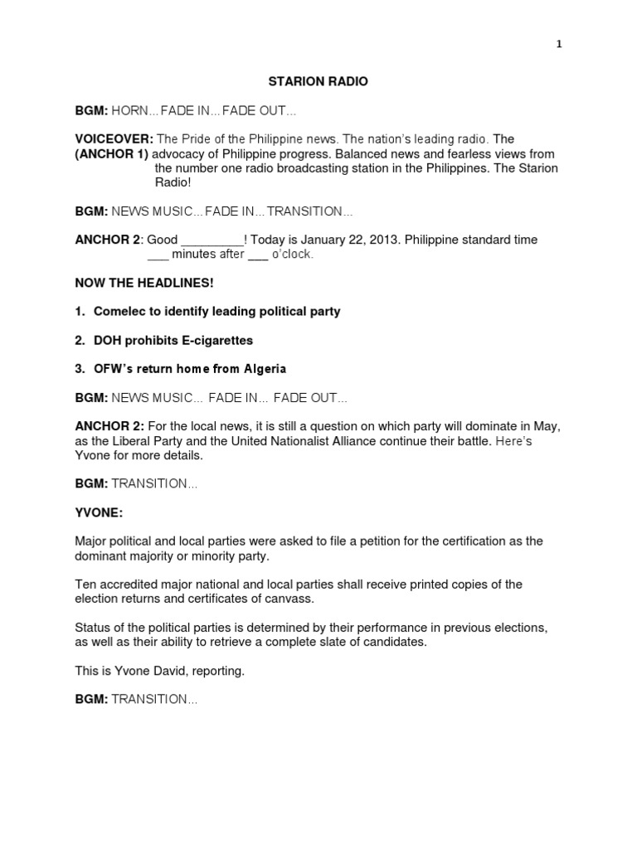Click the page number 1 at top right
[559, 45]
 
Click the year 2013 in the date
[387, 240]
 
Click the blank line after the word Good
[213, 240]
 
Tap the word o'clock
[293, 255]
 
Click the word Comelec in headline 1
[120, 312]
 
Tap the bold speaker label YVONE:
[99, 512]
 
